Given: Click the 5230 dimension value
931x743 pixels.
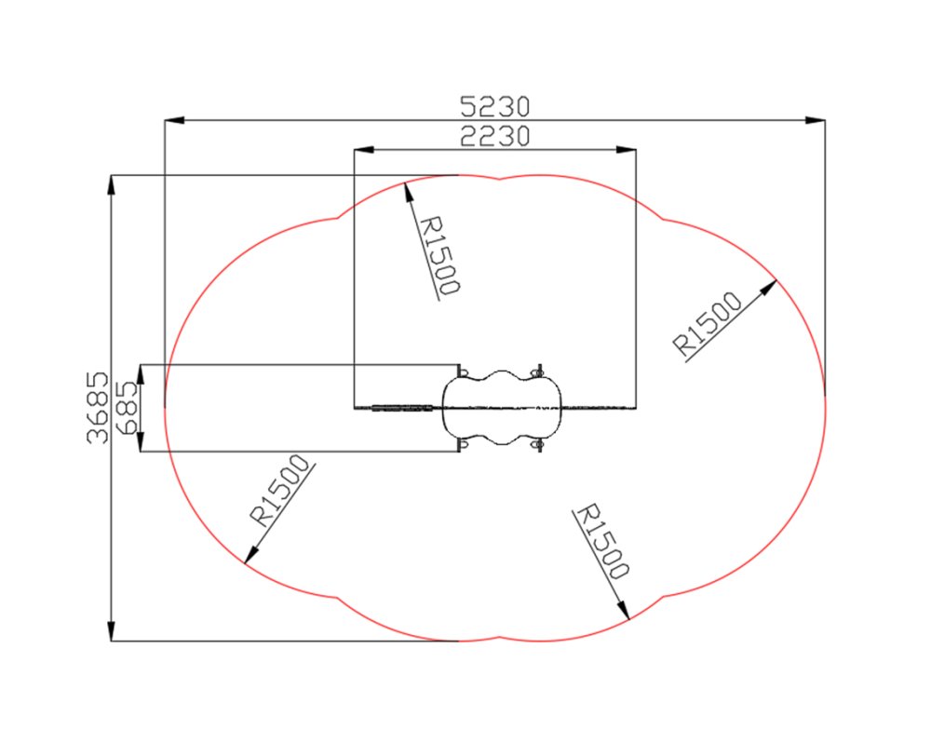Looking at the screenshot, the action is point(494,107).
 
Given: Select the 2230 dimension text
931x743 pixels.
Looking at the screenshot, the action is point(494,137).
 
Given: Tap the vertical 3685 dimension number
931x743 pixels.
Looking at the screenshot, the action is point(98,408).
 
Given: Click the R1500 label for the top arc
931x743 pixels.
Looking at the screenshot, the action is point(439,255).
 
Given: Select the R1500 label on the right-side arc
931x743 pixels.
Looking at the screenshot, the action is point(708,324).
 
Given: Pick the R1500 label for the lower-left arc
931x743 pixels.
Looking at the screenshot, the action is point(280,491).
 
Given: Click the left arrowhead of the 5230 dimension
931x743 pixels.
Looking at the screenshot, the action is point(175,120).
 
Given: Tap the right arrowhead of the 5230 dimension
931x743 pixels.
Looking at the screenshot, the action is point(815,120).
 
